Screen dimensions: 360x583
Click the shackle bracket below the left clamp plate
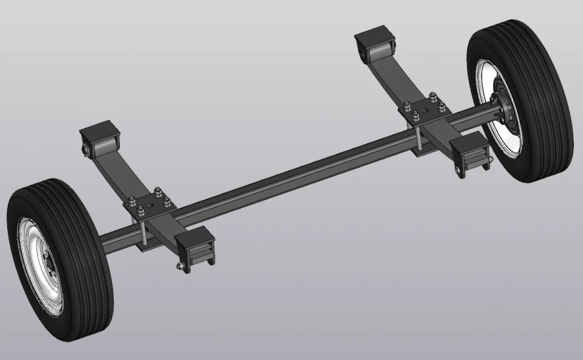tap(194, 249)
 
